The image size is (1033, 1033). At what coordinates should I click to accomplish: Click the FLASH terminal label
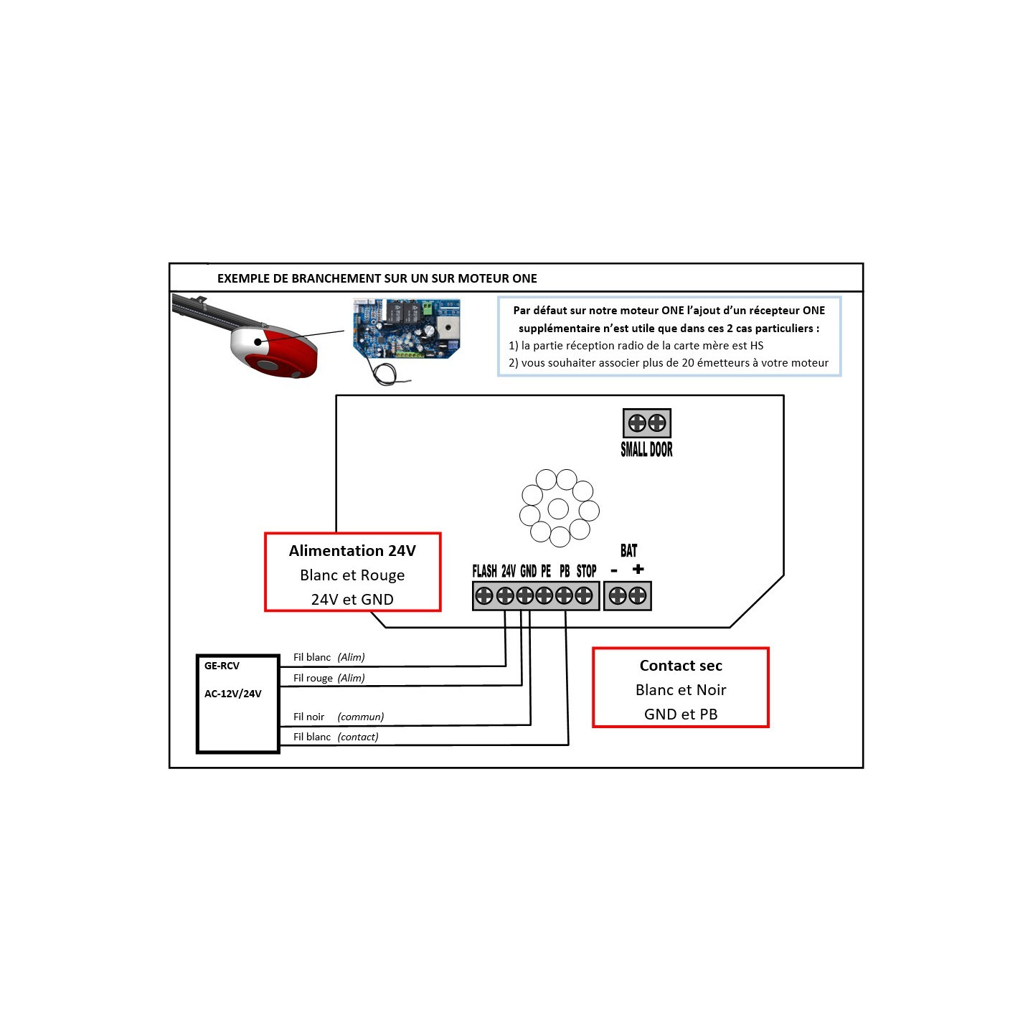click(484, 571)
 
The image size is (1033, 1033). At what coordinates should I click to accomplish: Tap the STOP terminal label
click(586, 571)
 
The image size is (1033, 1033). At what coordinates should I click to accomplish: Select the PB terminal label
click(565, 571)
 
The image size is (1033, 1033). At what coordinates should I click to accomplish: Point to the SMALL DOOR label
click(646, 450)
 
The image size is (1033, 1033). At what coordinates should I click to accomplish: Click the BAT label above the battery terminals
click(628, 551)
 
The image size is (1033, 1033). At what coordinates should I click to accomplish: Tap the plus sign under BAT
click(638, 570)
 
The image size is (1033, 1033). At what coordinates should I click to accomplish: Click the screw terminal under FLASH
click(485, 595)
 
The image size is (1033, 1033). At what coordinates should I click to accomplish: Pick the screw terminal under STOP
click(584, 595)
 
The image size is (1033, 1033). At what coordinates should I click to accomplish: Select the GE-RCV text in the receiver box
click(222, 666)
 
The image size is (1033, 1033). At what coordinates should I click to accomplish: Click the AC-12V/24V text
click(232, 694)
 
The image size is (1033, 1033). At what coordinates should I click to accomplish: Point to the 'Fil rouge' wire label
click(313, 678)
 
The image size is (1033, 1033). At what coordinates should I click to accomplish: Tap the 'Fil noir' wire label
click(308, 717)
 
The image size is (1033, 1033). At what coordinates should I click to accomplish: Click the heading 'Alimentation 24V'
click(352, 551)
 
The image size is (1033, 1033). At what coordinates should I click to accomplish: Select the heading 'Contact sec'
click(681, 666)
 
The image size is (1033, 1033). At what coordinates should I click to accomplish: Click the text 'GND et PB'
click(681, 714)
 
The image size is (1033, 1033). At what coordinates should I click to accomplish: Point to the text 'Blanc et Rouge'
click(352, 575)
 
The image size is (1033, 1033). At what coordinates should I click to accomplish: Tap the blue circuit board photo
click(406, 329)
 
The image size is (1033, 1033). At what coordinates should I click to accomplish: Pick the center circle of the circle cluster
click(558, 509)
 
